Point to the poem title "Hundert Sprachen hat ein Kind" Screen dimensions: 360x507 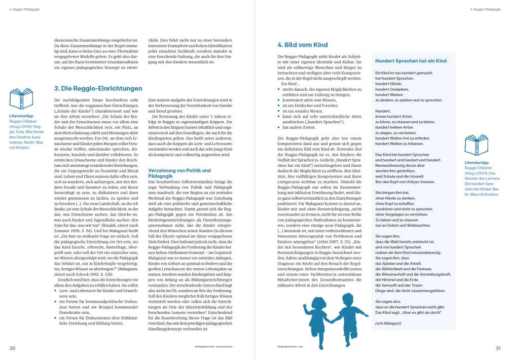[x=411, y=61]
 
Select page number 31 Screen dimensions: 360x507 [x=497, y=348]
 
